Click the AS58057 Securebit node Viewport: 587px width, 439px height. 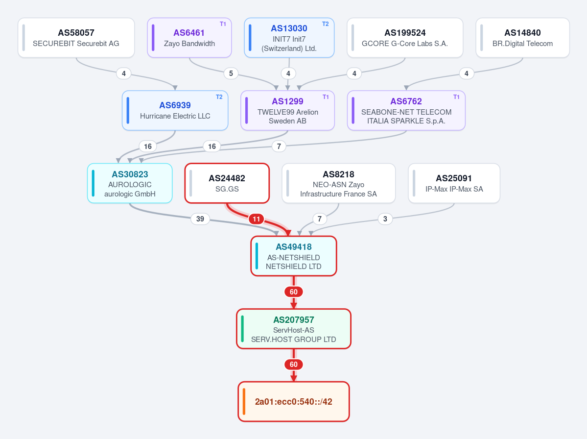click(76, 38)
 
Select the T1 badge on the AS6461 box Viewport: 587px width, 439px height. click(223, 24)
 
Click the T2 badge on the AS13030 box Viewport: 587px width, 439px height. click(325, 24)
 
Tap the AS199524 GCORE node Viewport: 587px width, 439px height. click(405, 38)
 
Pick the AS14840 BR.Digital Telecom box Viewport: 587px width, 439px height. click(522, 38)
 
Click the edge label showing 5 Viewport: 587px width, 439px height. click(231, 73)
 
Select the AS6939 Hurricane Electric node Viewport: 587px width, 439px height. click(175, 111)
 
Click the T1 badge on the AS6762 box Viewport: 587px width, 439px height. click(456, 97)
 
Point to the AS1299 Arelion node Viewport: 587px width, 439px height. click(287, 111)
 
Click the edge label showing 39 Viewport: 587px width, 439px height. click(200, 219)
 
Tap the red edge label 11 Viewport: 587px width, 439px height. click(257, 219)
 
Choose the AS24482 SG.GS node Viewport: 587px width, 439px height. click(227, 183)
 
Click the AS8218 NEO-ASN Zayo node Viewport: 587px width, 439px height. click(338, 183)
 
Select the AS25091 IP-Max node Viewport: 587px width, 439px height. click(454, 183)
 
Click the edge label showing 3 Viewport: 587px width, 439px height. click(385, 219)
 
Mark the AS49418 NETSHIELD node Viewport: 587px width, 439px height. click(294, 256)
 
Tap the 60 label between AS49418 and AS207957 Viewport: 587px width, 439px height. click(294, 292)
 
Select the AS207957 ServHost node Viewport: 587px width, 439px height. click(294, 329)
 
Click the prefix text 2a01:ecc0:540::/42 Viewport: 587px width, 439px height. click(294, 402)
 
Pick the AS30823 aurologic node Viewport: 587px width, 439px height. click(130, 183)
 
